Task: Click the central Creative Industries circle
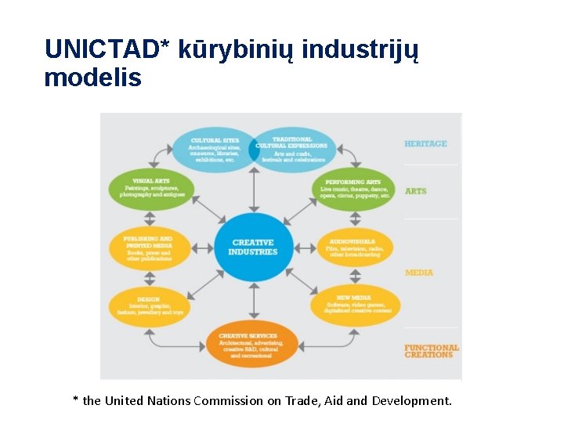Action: point(253,248)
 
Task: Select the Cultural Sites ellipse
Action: point(215,149)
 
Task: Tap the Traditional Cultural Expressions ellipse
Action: point(292,149)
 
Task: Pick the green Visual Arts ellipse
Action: point(151,189)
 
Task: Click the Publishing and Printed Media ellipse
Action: point(148,248)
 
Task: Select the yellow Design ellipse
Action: point(149,306)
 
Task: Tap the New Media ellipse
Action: point(355,305)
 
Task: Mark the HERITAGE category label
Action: point(425,144)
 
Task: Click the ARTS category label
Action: point(416,191)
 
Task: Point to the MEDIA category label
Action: point(419,273)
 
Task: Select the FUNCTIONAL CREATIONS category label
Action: point(431,351)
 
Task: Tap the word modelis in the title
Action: point(93,78)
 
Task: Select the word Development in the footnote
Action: point(411,401)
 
